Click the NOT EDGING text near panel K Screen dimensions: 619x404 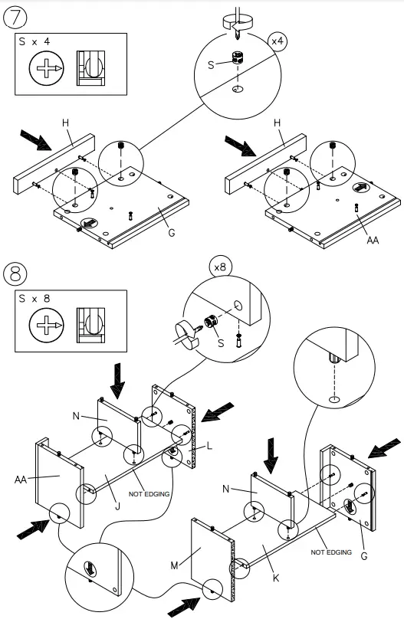click(x=331, y=552)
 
